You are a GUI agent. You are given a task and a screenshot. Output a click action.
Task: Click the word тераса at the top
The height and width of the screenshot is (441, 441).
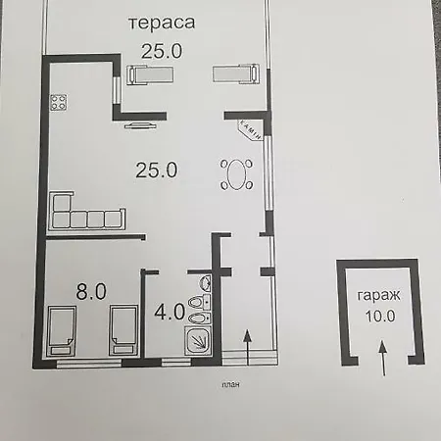click(x=162, y=24)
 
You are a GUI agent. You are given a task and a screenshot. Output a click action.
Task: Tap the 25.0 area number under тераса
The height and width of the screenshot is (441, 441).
click(x=162, y=51)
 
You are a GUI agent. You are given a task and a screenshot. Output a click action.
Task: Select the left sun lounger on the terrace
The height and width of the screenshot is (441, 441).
click(x=150, y=74)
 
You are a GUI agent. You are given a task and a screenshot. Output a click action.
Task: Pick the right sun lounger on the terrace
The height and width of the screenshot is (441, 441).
click(x=236, y=73)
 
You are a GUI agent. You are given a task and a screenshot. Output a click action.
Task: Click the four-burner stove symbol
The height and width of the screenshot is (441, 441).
click(x=59, y=102)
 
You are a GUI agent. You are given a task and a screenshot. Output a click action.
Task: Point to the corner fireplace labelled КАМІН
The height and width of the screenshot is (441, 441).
click(x=251, y=130)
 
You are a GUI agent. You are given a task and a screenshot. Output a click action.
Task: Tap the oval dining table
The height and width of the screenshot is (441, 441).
click(x=237, y=174)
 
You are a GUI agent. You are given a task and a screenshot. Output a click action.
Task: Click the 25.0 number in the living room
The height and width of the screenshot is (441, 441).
click(x=157, y=170)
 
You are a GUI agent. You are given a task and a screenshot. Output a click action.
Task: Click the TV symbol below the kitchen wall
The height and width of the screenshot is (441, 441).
click(x=140, y=125)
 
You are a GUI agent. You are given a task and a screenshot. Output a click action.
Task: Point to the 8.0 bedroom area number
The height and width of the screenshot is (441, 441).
click(x=91, y=291)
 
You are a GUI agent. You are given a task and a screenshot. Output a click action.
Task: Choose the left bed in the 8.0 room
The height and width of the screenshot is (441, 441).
click(x=62, y=330)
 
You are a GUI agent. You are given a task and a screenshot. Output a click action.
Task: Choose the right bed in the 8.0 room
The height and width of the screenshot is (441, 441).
click(x=123, y=330)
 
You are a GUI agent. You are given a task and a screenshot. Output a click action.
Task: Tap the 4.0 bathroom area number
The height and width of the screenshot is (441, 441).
click(x=170, y=312)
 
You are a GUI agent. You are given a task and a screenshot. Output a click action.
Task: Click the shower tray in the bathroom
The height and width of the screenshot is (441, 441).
click(x=198, y=340)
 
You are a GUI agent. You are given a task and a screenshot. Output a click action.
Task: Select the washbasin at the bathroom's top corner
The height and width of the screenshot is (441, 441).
click(x=206, y=282)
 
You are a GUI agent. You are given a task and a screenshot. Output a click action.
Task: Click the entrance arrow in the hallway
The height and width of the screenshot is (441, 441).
click(x=248, y=347)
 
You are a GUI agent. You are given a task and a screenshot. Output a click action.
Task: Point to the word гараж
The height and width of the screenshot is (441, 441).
click(x=378, y=296)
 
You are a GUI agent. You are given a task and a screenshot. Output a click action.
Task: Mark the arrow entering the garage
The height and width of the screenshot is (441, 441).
click(x=383, y=358)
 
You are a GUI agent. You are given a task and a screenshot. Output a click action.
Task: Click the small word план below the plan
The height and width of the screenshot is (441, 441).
click(x=230, y=385)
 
